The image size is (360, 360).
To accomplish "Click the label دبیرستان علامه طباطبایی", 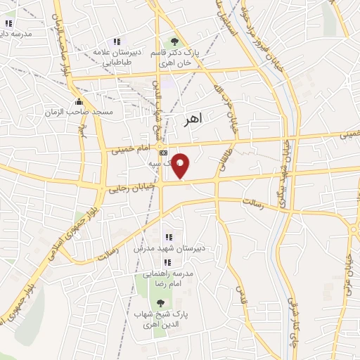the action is tap(118, 57).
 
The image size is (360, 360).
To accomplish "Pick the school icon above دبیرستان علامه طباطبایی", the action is tap(117, 42).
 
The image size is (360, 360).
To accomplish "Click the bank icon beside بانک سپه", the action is tap(163, 152).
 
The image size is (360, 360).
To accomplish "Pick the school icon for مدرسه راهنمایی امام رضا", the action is tap(167, 262).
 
